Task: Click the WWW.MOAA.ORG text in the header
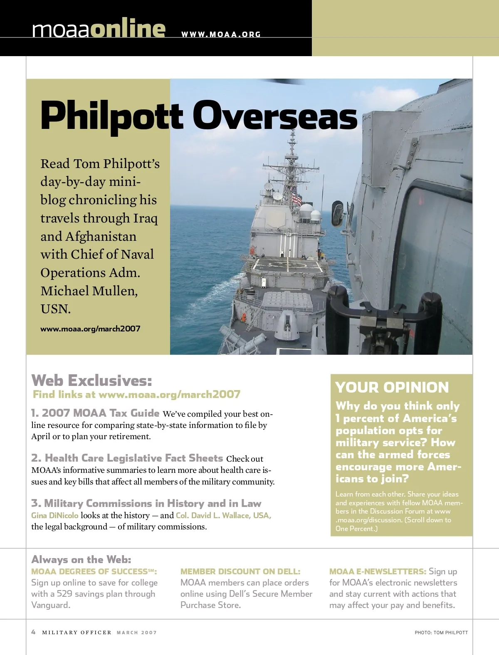(x=221, y=35)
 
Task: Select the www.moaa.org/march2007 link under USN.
(x=90, y=329)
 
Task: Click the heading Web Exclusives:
(x=91, y=380)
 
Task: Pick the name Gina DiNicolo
(x=54, y=515)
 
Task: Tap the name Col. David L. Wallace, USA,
(x=223, y=515)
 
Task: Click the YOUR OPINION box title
(x=392, y=387)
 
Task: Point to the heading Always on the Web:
(x=81, y=559)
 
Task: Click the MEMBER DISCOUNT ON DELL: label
(x=240, y=571)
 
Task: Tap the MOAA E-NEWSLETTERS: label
(x=378, y=571)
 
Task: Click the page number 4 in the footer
(x=33, y=632)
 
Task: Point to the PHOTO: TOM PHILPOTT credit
(x=441, y=633)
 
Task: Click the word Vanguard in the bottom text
(x=50, y=605)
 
